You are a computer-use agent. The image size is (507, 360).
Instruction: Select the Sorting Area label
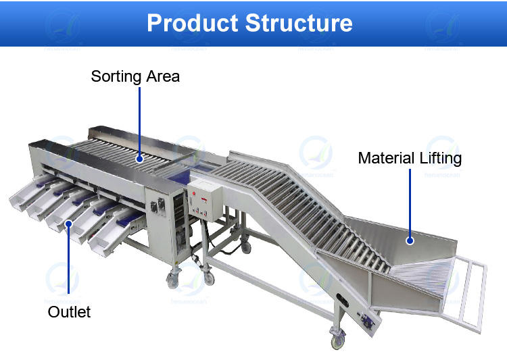(135, 76)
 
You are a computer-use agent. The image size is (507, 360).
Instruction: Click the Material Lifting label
(410, 159)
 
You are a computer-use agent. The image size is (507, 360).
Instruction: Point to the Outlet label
(69, 311)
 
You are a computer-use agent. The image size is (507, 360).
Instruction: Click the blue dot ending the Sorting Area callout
(139, 159)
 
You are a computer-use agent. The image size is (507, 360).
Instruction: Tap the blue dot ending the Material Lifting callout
(410, 239)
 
